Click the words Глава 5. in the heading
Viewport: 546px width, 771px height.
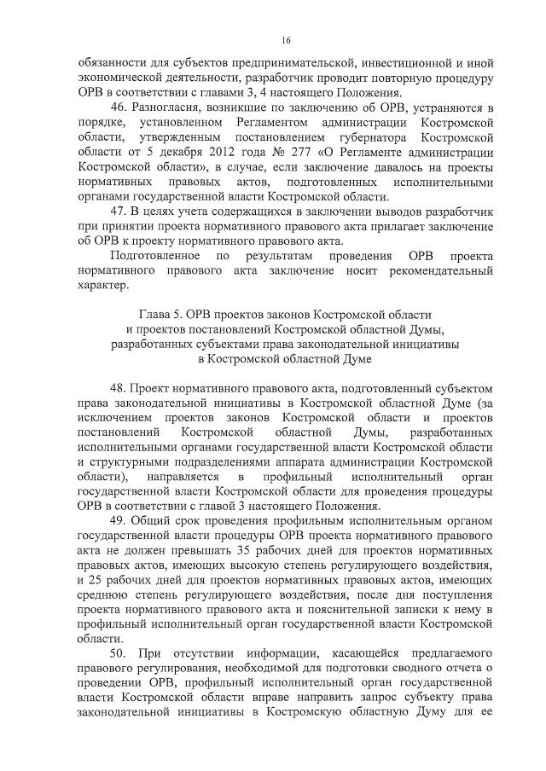point(160,313)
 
